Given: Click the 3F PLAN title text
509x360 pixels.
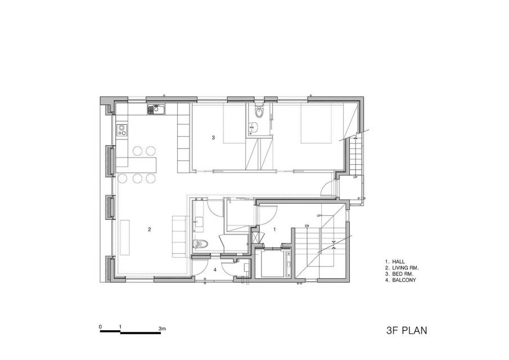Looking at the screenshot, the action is (407, 330).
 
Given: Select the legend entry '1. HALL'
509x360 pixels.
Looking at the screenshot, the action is (395, 262).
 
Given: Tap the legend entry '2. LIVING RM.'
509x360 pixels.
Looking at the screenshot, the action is (402, 268).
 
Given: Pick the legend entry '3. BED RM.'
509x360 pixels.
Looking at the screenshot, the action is (399, 274).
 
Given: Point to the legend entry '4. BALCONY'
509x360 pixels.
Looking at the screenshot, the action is (400, 280).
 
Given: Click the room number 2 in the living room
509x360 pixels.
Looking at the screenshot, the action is (149, 229).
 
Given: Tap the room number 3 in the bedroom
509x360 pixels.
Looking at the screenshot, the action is (213, 138).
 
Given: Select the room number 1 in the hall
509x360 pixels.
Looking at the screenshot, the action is (274, 229).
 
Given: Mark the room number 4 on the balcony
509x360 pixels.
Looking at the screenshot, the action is (215, 269).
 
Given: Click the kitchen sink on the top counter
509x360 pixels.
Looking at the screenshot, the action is (156, 109).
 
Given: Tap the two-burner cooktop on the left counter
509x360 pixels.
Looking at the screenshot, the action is (122, 130).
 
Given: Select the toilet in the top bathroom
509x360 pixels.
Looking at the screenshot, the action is (259, 112).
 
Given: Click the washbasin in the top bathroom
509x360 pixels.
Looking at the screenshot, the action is (252, 128).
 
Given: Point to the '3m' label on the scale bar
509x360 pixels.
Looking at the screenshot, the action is (163, 328).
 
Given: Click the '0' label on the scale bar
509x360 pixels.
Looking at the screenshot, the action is (101, 327).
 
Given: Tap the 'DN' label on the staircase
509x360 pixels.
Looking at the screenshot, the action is (307, 226).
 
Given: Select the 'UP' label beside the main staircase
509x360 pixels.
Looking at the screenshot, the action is (319, 216).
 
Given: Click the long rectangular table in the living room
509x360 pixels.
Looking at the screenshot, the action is (125, 237).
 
